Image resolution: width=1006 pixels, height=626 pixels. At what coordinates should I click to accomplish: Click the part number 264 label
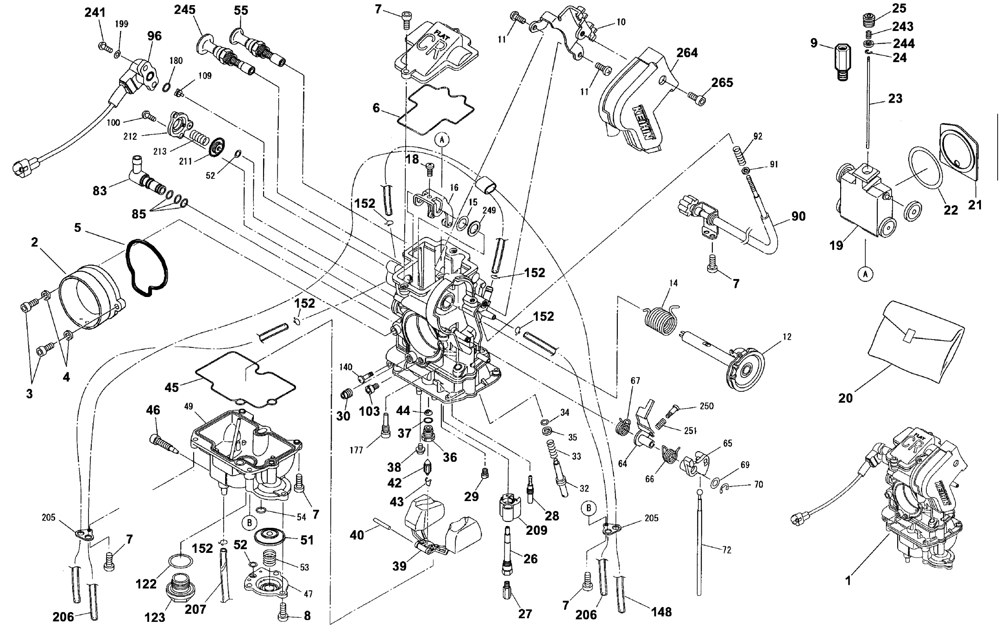(687, 53)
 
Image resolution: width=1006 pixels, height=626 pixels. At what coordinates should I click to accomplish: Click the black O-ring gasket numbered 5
(146, 267)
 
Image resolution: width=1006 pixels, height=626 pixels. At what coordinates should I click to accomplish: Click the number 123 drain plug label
(155, 617)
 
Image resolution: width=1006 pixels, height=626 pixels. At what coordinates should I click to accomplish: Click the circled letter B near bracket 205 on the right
(589, 508)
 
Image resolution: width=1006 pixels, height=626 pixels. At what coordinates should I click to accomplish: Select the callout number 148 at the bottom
(661, 612)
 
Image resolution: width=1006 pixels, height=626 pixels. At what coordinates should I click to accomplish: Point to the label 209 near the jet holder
(536, 530)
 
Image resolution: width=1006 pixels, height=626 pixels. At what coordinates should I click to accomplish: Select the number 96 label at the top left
(154, 36)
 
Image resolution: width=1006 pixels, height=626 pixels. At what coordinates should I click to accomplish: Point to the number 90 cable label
(799, 216)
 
